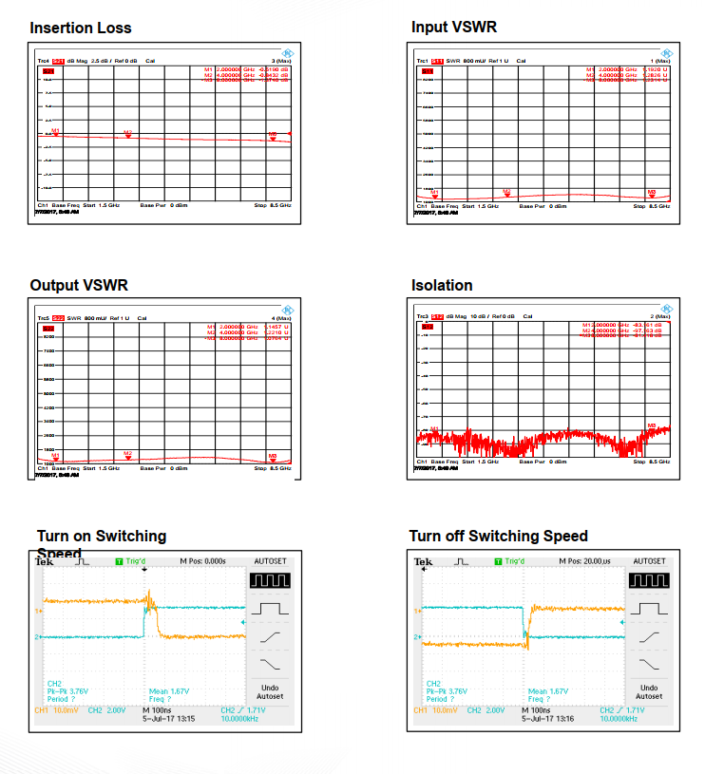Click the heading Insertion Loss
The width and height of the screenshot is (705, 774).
81,28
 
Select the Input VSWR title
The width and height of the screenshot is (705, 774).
454,27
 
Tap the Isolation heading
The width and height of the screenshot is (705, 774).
442,285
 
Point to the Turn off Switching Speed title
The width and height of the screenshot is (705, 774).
498,536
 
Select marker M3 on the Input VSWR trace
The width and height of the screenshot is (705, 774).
652,194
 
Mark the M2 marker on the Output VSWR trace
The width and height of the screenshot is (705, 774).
127,456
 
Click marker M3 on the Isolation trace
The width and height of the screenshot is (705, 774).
652,427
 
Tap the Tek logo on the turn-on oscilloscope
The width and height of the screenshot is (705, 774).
44,561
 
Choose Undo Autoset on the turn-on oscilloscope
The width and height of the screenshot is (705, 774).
269,691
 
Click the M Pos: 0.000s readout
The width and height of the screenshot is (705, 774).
209,561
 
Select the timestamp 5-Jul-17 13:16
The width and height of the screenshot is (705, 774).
556,719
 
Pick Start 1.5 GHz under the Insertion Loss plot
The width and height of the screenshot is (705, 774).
102,204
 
